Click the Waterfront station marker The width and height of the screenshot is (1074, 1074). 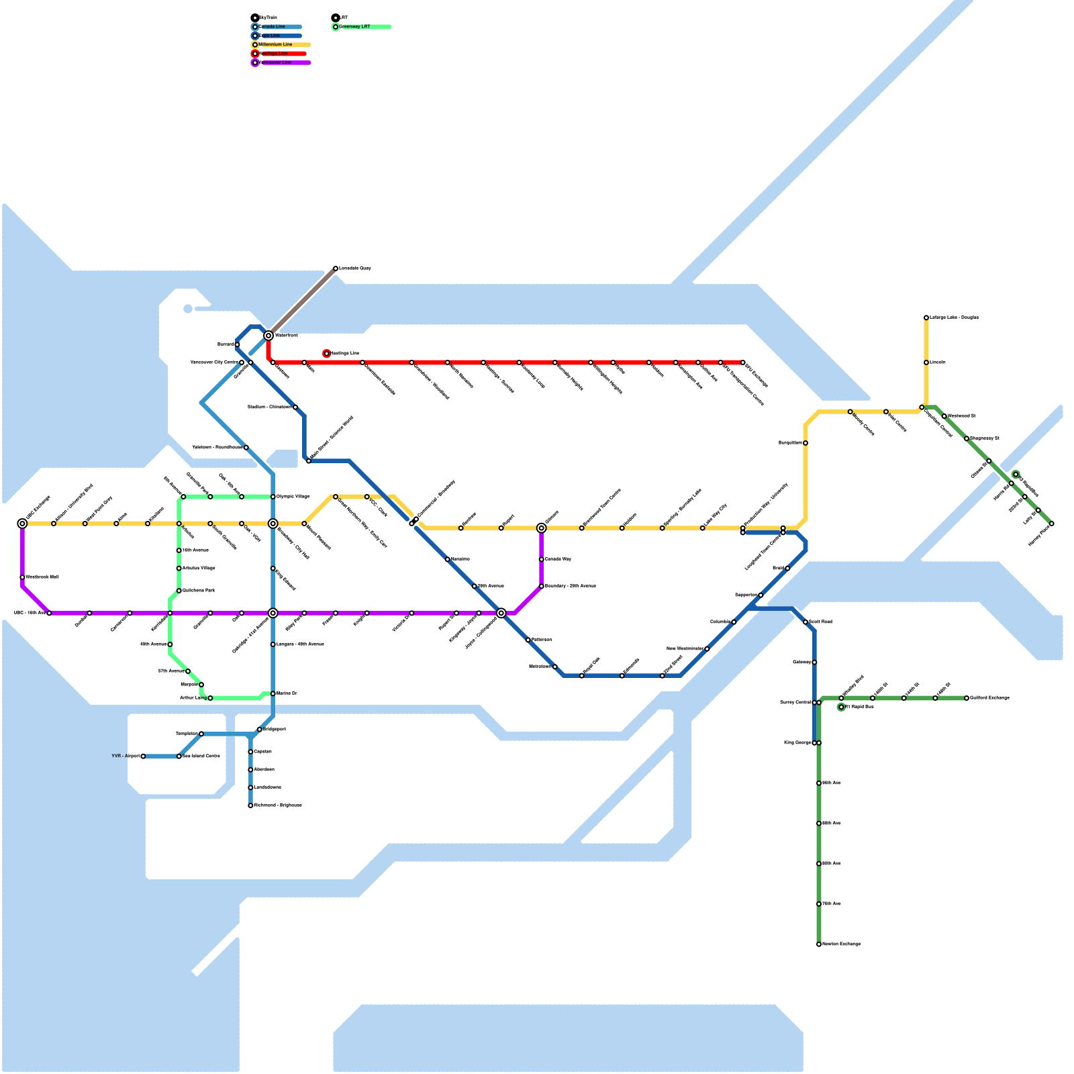tap(268, 336)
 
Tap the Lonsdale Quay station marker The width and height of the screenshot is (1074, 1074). tap(336, 268)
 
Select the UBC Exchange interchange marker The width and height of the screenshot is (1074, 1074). tap(22, 524)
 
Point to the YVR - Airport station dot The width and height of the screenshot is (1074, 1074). tap(143, 756)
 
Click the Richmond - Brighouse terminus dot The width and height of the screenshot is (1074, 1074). tap(250, 805)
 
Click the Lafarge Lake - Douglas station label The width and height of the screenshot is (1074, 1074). tap(954, 318)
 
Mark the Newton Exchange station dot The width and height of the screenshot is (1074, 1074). tap(819, 944)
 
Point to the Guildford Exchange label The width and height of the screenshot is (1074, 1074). tap(989, 698)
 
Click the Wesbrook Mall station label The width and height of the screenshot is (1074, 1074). tap(42, 577)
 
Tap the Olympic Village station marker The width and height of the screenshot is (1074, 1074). tap(273, 497)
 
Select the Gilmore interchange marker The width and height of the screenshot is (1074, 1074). tap(542, 528)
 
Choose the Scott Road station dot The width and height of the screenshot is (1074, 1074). tap(805, 622)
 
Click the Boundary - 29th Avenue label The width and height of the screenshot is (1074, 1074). tap(570, 586)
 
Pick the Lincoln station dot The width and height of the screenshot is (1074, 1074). tap(926, 362)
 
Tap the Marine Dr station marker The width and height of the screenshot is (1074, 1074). tap(273, 693)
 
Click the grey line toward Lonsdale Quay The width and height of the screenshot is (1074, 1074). tap(302, 302)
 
